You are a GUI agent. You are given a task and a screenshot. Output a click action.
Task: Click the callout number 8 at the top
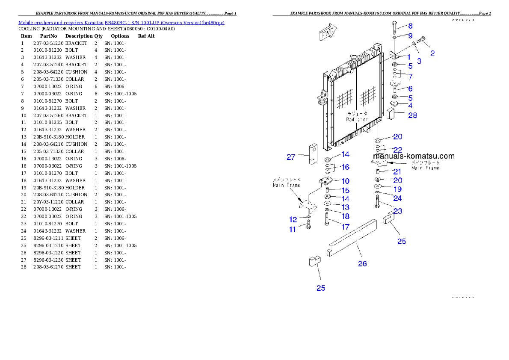[410, 26]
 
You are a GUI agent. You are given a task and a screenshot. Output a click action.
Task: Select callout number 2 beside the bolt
[432, 53]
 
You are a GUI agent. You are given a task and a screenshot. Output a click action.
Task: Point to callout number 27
[291, 157]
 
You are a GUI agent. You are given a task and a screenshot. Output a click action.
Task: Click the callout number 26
[362, 264]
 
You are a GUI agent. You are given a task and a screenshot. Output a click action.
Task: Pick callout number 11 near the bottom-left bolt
[293, 230]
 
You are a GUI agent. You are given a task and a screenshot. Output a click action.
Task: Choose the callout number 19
[397, 189]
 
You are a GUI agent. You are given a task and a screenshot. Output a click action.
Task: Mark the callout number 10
[345, 181]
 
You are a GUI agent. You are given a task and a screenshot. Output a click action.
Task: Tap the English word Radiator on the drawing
[357, 119]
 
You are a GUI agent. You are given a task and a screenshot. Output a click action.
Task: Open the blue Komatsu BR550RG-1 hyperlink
[121, 23]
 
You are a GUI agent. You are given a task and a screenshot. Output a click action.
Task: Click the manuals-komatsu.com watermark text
[414, 156]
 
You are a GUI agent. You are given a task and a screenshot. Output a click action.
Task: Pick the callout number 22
[397, 150]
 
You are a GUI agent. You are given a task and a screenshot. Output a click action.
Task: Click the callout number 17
[345, 227]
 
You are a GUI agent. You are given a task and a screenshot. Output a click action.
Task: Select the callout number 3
[419, 61]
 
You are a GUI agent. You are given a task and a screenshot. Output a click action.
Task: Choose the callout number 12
[293, 220]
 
